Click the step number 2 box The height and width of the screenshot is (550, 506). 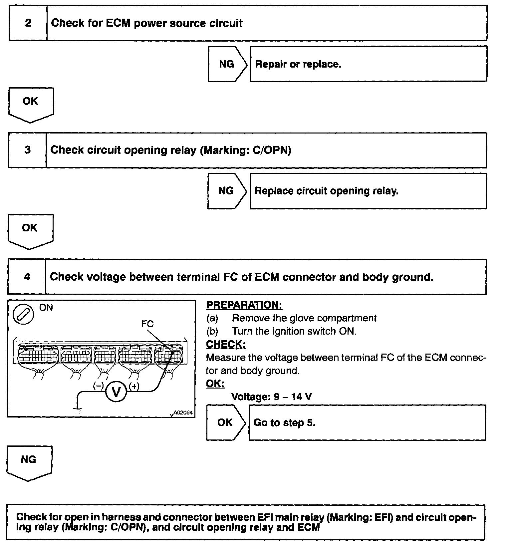(x=28, y=23)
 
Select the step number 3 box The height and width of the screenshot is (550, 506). (x=27, y=150)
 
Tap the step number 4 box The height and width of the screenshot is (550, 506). (x=27, y=277)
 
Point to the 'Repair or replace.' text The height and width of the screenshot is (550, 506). (x=298, y=64)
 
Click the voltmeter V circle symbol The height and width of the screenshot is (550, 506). (x=116, y=392)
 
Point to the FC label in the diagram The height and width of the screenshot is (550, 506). (x=147, y=324)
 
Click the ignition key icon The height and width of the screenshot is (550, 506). (x=23, y=315)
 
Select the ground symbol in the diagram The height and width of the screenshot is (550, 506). (x=78, y=411)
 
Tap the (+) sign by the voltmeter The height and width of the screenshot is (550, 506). (x=134, y=386)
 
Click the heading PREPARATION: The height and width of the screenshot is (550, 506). (x=244, y=305)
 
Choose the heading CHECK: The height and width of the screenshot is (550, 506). (x=226, y=344)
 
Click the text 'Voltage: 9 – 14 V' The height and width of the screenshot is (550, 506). (x=271, y=397)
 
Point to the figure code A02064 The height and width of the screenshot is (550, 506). (x=183, y=412)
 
